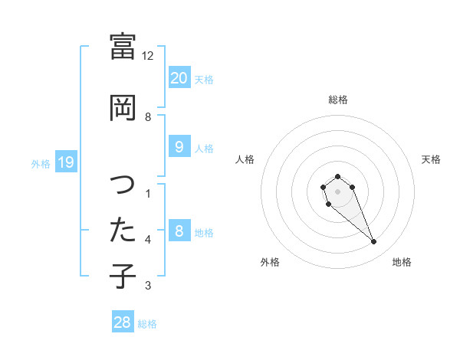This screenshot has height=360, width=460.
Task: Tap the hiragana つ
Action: click(123, 185)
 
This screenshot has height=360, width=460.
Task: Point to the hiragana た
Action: click(123, 230)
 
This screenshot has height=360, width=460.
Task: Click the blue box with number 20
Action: click(179, 77)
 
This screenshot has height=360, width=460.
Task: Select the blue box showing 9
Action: click(179, 147)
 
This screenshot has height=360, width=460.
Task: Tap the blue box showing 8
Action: click(179, 231)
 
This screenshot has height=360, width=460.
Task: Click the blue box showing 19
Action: click(66, 162)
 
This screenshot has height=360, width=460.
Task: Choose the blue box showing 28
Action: click(123, 322)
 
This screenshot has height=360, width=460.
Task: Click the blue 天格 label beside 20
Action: click(204, 79)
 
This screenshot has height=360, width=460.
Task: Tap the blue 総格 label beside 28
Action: click(147, 324)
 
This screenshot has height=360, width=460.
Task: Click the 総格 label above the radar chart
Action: click(338, 100)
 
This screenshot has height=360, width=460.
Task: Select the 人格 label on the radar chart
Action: click(245, 159)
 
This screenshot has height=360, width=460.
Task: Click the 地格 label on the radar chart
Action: click(402, 262)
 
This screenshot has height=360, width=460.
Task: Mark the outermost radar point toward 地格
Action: click(374, 242)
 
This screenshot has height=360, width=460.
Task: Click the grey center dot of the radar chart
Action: click(337, 191)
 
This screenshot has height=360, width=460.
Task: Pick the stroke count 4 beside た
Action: click(148, 240)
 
